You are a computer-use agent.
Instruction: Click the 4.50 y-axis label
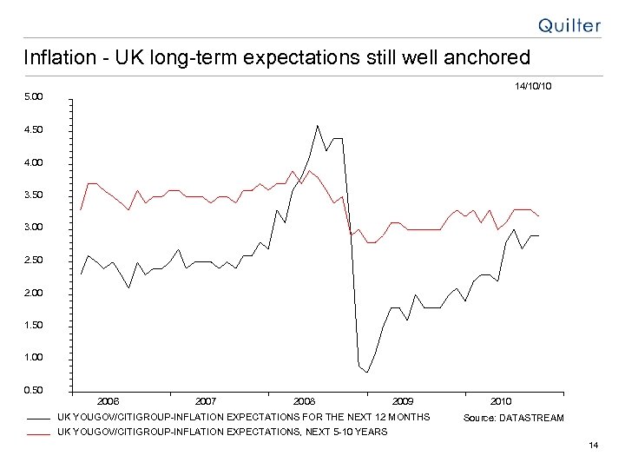click(32, 129)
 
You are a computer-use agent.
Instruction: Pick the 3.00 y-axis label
click(32, 228)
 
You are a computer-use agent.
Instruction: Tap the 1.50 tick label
click(32, 325)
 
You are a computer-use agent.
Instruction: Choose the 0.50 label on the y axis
click(32, 390)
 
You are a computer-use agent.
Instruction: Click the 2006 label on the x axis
click(109, 401)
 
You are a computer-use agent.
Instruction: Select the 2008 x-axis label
click(304, 401)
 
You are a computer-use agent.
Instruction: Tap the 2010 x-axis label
click(501, 401)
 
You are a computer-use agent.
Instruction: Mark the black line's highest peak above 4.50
click(318, 125)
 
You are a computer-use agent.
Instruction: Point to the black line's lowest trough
click(367, 373)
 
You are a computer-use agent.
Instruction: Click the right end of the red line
click(539, 215)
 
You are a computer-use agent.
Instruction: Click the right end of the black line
click(539, 235)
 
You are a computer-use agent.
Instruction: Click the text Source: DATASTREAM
click(513, 418)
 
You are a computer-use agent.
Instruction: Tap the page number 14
click(593, 446)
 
